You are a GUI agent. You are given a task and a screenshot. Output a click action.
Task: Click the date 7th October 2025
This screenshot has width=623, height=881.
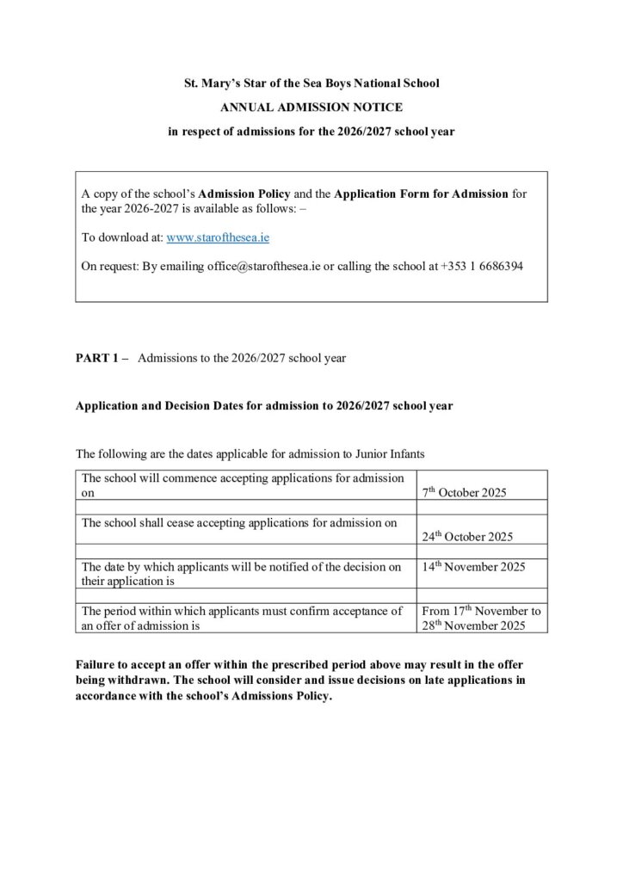click(x=464, y=493)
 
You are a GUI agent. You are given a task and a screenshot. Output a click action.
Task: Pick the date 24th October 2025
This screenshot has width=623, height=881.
click(x=467, y=537)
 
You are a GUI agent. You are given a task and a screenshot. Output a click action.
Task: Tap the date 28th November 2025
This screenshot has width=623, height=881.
click(x=473, y=625)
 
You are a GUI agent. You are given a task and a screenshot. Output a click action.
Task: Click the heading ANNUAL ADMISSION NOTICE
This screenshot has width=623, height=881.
click(x=311, y=108)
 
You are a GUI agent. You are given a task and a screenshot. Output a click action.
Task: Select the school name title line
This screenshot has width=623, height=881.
click(x=311, y=83)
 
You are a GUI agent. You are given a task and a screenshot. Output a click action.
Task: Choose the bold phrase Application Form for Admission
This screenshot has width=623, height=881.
click(x=421, y=194)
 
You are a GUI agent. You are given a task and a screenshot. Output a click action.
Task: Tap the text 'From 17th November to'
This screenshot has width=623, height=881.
click(x=481, y=611)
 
